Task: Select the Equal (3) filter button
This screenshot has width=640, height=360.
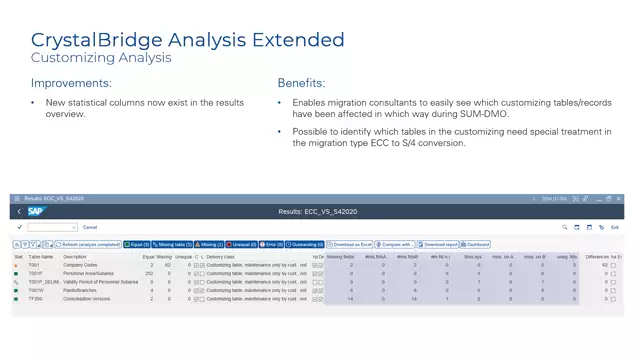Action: coord(137,244)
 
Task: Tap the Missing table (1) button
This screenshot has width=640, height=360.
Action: coord(171,244)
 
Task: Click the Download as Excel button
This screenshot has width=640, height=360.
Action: coord(352,244)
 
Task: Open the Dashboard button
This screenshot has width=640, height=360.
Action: coord(475,244)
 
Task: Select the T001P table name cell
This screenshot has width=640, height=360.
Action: coord(35,273)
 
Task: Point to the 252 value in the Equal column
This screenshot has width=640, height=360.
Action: coord(149,273)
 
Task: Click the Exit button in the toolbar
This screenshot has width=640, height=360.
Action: coord(615,228)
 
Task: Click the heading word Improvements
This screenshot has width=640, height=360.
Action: coord(71,83)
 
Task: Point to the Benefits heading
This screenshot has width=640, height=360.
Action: coord(303,83)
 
